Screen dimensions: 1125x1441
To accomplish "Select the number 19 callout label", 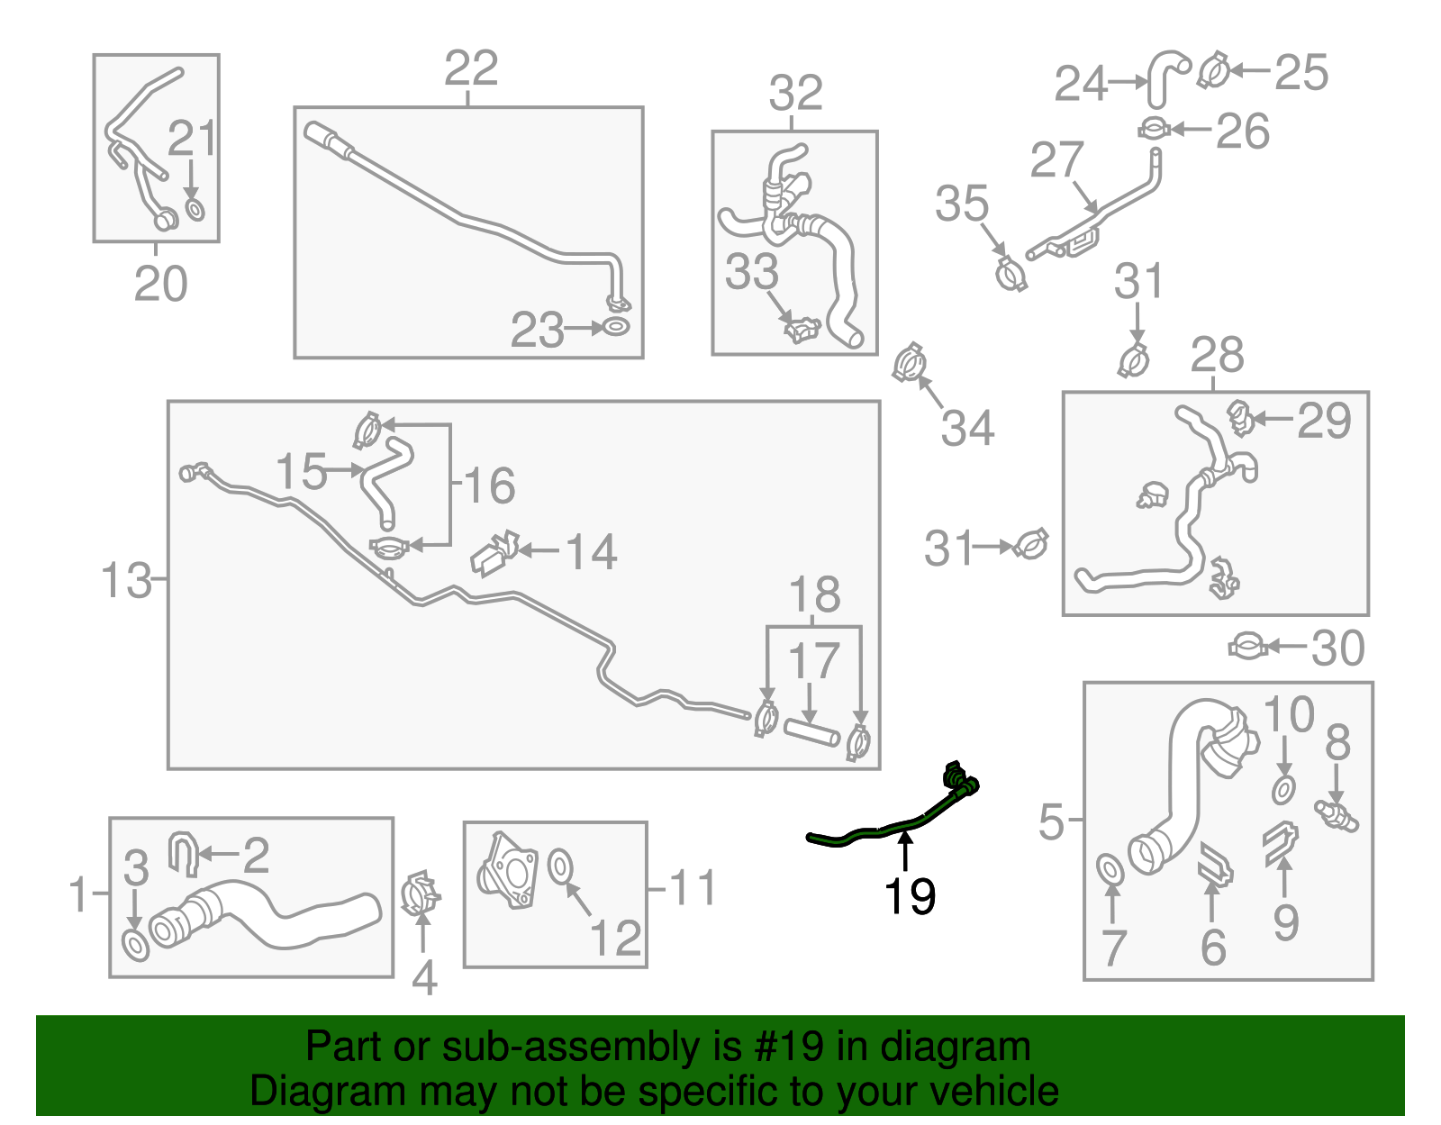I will pyautogui.click(x=910, y=896).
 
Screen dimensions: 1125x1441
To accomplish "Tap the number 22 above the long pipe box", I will pyautogui.click(x=471, y=68).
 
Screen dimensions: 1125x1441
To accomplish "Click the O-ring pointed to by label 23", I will pyautogui.click(x=616, y=327).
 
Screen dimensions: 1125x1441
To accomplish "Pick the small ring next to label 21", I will pyautogui.click(x=195, y=210).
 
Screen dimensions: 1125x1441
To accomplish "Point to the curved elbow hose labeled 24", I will pyautogui.click(x=1166, y=76).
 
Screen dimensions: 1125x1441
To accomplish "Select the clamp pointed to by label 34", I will pyautogui.click(x=911, y=363).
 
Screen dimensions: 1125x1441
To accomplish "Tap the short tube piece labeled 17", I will pyautogui.click(x=811, y=732).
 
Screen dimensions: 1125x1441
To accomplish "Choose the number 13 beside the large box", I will pyautogui.click(x=126, y=580).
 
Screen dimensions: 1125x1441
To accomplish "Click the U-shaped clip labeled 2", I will pyautogui.click(x=184, y=853).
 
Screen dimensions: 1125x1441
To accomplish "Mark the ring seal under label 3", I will pyautogui.click(x=135, y=947).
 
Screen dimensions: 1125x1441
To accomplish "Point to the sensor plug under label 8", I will pyautogui.click(x=1337, y=814).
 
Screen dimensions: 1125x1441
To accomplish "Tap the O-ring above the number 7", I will pyautogui.click(x=1110, y=871).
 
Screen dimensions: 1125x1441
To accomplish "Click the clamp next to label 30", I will pyautogui.click(x=1248, y=647).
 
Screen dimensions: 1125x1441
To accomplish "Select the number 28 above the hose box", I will pyautogui.click(x=1217, y=355).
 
